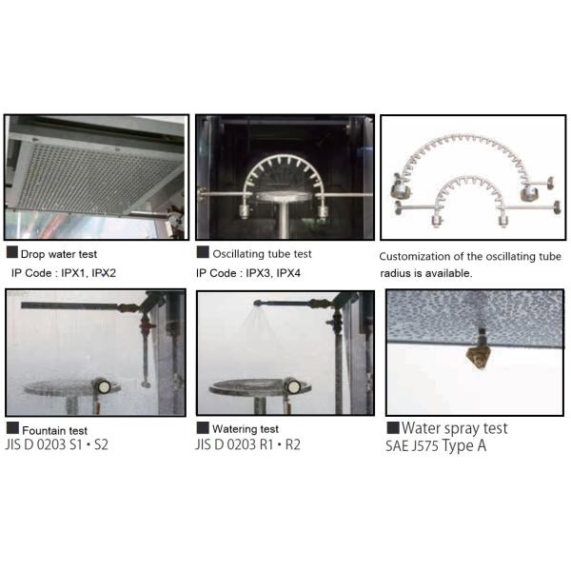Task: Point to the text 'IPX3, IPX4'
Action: click(273, 273)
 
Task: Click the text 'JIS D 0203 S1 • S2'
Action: click(57, 444)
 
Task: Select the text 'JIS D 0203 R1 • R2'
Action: click(248, 444)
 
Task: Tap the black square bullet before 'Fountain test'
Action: click(11, 428)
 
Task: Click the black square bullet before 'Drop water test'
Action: click(11, 253)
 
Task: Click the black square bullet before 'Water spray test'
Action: click(393, 428)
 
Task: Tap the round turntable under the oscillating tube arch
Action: click(283, 195)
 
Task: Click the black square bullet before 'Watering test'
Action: click(202, 428)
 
